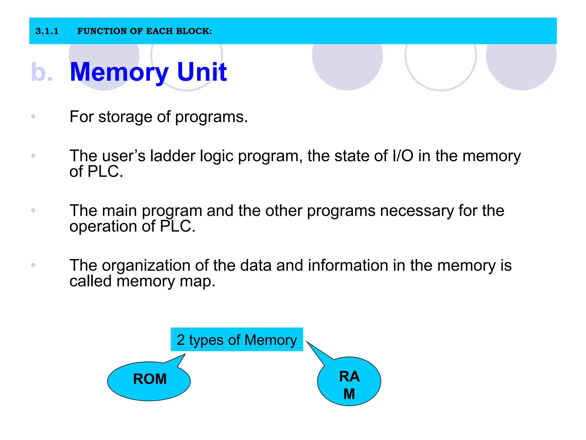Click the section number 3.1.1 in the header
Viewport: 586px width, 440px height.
click(47, 31)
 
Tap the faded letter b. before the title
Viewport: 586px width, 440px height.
click(42, 72)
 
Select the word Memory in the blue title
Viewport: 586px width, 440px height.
click(119, 72)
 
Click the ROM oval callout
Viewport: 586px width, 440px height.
click(149, 381)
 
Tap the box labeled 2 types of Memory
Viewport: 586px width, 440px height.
click(237, 340)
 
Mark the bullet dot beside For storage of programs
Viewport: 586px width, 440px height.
click(33, 116)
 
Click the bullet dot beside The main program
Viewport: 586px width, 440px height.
click(33, 210)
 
